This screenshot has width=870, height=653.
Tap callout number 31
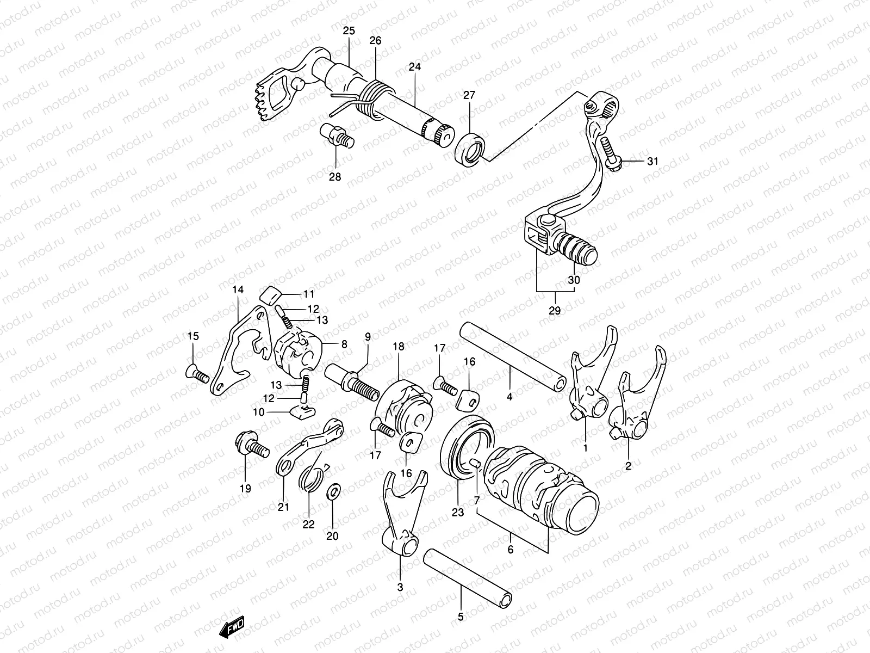click(x=652, y=161)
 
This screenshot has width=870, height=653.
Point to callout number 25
click(x=348, y=31)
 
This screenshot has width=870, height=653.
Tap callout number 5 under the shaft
click(x=461, y=617)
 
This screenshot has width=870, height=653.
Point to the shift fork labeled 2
click(x=637, y=409)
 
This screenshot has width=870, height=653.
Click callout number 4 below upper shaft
click(x=509, y=397)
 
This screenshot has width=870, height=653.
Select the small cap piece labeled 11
click(x=270, y=296)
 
